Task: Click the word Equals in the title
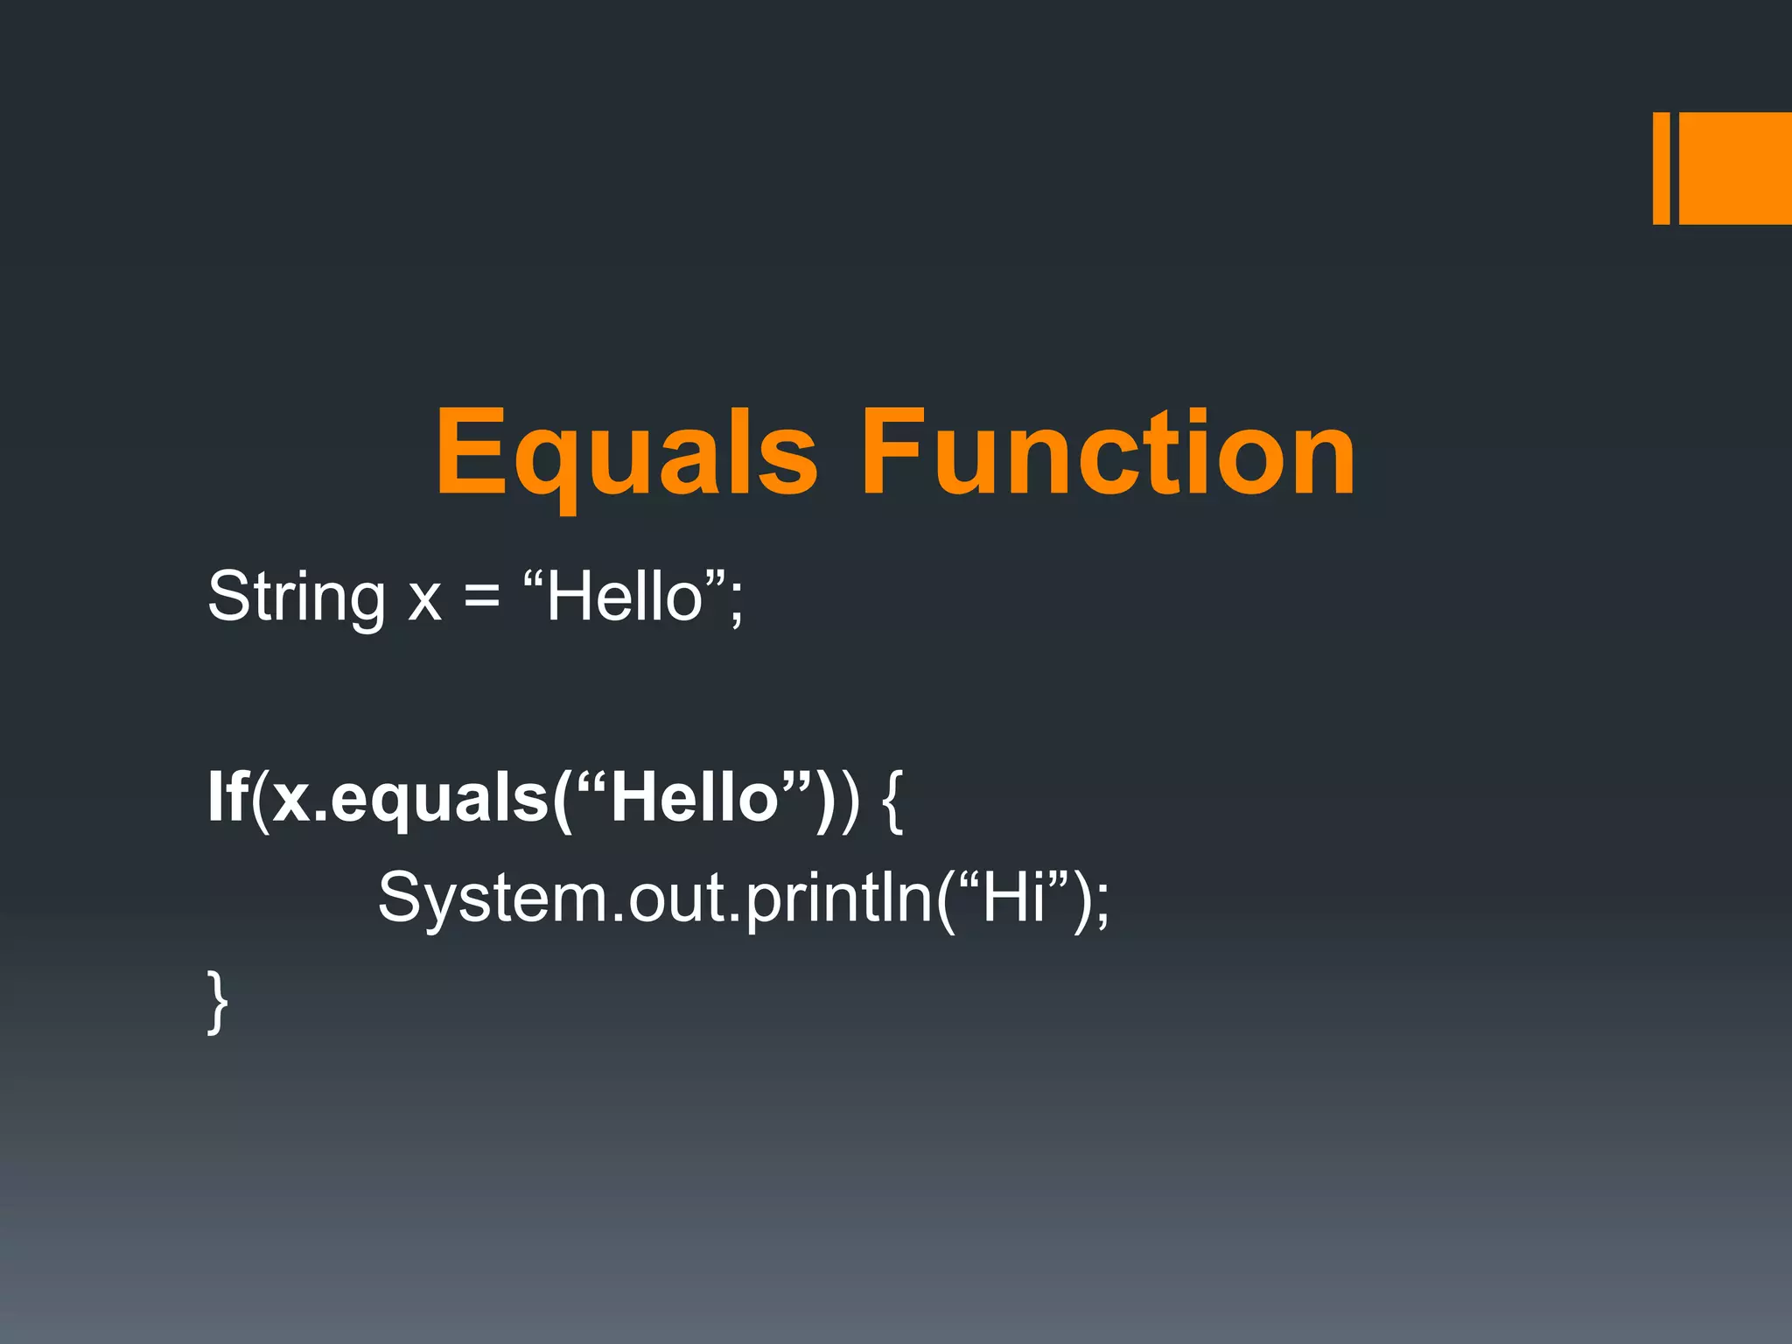[x=626, y=455]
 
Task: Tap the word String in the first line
[x=296, y=598]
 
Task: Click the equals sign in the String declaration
[x=481, y=598]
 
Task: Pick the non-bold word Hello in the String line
[x=625, y=597]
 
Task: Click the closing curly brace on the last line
[x=218, y=1002]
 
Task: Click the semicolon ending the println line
[x=1101, y=906]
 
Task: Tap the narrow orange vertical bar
[x=1661, y=168]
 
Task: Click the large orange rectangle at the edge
[x=1735, y=168]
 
